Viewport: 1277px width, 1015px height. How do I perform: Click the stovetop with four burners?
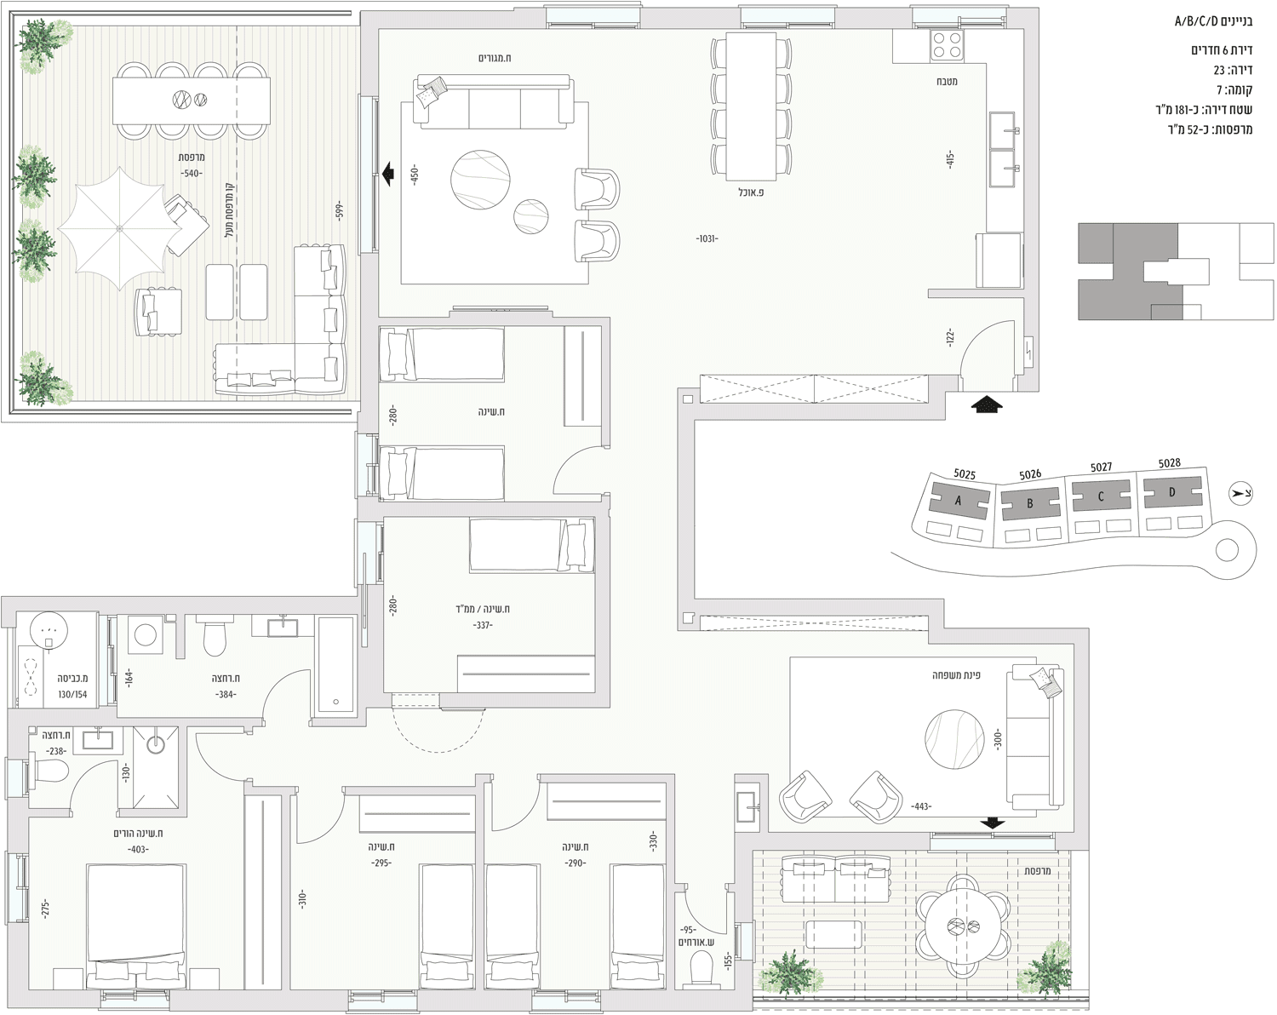click(x=947, y=46)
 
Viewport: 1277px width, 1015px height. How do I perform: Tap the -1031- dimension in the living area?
click(x=707, y=238)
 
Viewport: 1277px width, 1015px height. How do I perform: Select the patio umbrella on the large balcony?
click(x=119, y=228)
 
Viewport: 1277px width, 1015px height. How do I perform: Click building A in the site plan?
click(x=957, y=501)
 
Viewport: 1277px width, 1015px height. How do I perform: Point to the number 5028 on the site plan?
click(x=1169, y=463)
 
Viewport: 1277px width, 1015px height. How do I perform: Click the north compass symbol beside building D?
click(x=1240, y=493)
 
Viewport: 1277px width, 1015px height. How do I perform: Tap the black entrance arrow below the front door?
click(x=987, y=404)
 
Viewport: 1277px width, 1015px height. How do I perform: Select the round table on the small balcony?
click(x=962, y=926)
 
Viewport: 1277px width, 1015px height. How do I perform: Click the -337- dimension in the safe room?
click(x=483, y=624)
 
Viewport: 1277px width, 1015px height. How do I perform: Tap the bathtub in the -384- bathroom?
click(x=336, y=664)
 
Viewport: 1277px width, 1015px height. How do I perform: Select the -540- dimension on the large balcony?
click(x=191, y=173)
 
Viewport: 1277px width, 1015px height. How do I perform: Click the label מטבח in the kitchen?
click(x=947, y=81)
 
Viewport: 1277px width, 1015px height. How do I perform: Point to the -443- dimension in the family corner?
click(x=921, y=806)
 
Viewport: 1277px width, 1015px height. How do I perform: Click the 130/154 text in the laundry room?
click(x=72, y=694)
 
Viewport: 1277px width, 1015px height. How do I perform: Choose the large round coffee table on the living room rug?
click(x=480, y=180)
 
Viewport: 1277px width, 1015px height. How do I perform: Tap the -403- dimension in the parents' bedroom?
click(x=138, y=850)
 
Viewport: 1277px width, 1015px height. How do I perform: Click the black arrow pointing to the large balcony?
click(x=388, y=174)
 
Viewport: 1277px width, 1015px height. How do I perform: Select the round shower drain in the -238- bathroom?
click(x=156, y=744)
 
